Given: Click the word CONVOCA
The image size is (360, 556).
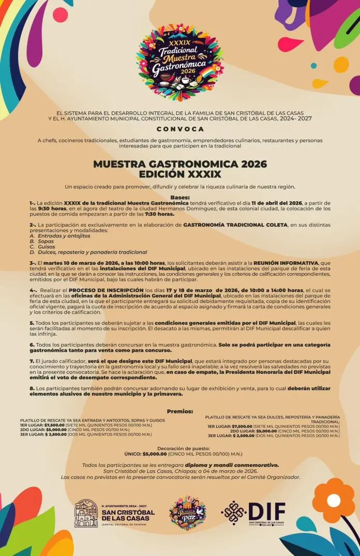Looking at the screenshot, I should tap(180, 129).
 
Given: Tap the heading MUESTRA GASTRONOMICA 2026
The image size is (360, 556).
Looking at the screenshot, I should tap(180, 164).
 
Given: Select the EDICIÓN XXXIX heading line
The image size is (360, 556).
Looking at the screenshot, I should tap(180, 174).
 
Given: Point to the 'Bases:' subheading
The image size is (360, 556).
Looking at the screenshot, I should tap(180, 197).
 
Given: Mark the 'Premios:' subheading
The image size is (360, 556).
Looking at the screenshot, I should tap(180, 411).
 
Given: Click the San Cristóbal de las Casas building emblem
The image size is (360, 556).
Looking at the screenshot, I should tap(86, 513).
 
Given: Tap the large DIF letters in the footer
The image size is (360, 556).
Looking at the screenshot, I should tap(266, 511).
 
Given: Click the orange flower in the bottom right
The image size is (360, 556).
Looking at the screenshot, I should tap(333, 501).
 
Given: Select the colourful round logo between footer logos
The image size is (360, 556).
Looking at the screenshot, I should tap(188, 513).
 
